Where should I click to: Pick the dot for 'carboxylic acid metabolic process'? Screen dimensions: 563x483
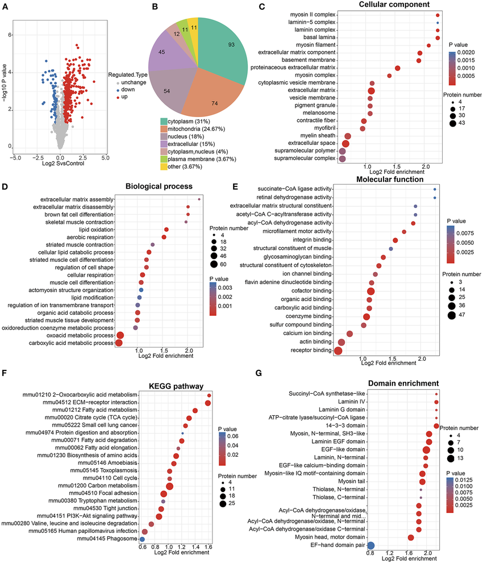coord(119,343)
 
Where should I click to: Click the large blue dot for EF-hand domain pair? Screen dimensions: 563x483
coord(371,545)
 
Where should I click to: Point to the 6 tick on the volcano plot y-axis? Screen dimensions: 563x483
coord(11,35)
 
